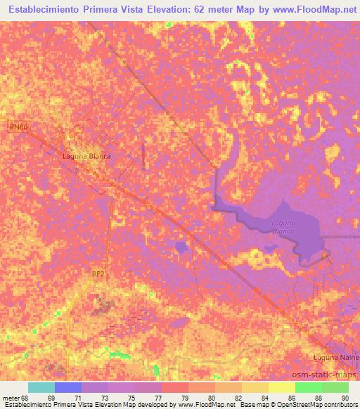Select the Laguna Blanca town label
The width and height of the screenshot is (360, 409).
(86, 156)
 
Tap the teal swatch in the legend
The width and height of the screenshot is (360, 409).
(41, 387)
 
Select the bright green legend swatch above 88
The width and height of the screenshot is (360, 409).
(308, 387)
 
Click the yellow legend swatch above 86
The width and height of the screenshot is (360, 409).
(281, 387)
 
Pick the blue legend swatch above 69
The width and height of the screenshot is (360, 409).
(67, 387)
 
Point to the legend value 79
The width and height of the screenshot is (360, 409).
(175, 398)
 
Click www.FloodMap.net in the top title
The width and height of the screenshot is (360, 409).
(314, 10)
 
